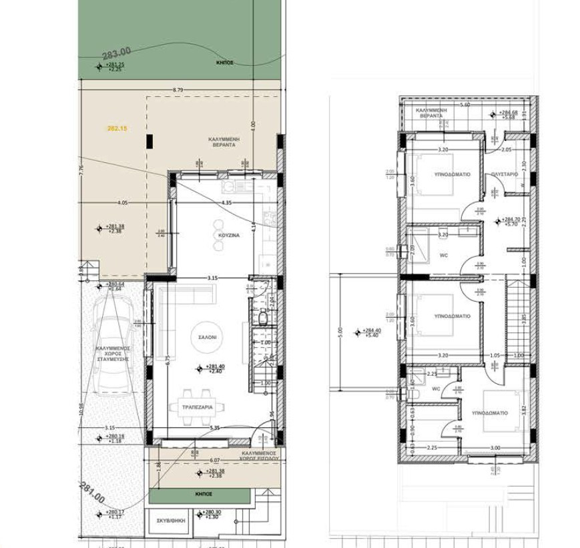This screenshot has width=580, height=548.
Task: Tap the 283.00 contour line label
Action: coord(116,53)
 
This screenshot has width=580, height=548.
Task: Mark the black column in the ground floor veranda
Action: coord(150,141)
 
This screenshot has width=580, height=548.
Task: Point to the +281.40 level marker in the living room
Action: coord(215,368)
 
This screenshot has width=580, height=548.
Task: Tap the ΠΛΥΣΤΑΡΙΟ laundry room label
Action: coord(505,174)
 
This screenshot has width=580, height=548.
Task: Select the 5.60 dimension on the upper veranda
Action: coord(465,105)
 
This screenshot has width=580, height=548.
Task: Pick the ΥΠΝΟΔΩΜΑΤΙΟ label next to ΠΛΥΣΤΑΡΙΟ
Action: coord(453,174)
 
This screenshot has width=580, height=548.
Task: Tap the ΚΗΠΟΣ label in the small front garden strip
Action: coord(204,494)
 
